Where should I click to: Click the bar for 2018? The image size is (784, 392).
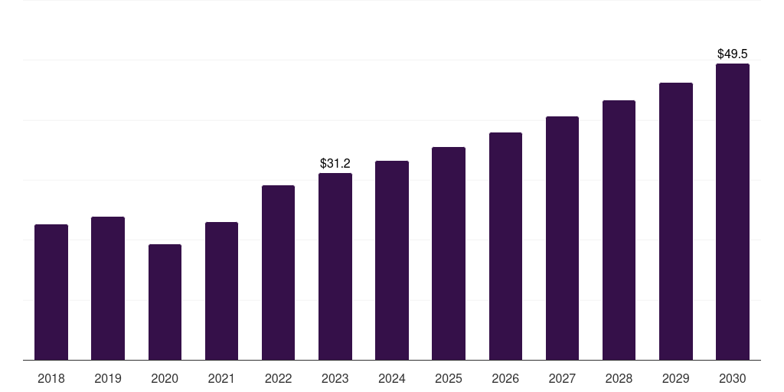pyautogui.click(x=51, y=292)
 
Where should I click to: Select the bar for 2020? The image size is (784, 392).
pyautogui.click(x=165, y=302)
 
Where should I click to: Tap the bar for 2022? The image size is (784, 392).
pyautogui.click(x=278, y=273)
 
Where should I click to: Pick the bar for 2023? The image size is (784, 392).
pyautogui.click(x=335, y=266)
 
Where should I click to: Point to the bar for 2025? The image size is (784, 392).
pyautogui.click(x=449, y=253)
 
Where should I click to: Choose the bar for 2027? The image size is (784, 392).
pyautogui.click(x=562, y=238)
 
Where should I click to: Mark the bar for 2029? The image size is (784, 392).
pyautogui.click(x=676, y=221)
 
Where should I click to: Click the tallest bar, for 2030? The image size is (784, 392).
pyautogui.click(x=733, y=211)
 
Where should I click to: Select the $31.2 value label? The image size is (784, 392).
pyautogui.click(x=335, y=163)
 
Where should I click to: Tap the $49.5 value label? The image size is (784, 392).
pyautogui.click(x=733, y=54)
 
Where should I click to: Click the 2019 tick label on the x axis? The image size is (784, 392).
pyautogui.click(x=108, y=378)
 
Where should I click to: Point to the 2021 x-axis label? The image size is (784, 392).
pyautogui.click(x=221, y=378)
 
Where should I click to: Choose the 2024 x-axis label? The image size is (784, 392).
pyautogui.click(x=392, y=378)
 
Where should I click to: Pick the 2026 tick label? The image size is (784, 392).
pyautogui.click(x=505, y=378)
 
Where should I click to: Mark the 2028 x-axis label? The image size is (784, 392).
pyautogui.click(x=619, y=378)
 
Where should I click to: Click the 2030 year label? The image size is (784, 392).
pyautogui.click(x=733, y=378)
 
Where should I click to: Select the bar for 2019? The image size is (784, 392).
pyautogui.click(x=108, y=288)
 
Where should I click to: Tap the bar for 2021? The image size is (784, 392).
pyautogui.click(x=221, y=291)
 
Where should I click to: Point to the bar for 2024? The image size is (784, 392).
pyautogui.click(x=392, y=260)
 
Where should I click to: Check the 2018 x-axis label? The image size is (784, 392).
pyautogui.click(x=51, y=378)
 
